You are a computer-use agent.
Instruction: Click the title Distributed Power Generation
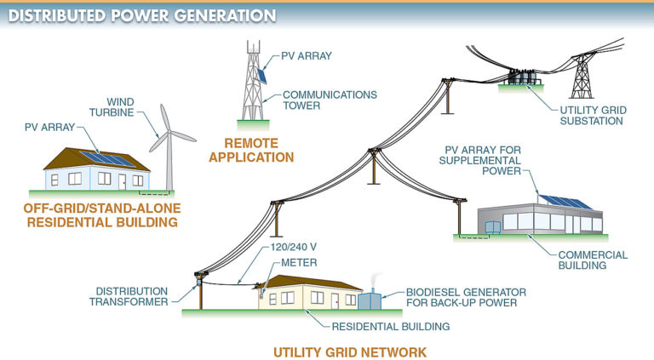coord(141,15)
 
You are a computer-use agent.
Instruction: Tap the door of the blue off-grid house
coord(124,181)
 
